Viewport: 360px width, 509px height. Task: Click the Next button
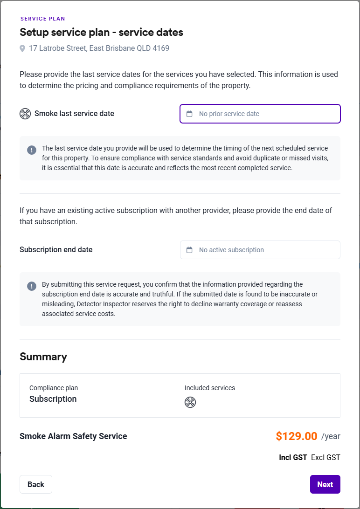tap(325, 484)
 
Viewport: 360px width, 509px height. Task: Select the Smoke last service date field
tap(260, 114)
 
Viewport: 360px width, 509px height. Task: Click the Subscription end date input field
tap(260, 250)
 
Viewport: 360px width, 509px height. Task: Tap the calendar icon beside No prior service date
tap(189, 114)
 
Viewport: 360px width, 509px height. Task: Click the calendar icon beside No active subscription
tap(189, 250)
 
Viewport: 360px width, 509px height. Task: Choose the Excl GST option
tap(325, 457)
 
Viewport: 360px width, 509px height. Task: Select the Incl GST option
tap(293, 457)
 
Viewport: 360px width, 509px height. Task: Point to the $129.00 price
tap(297, 436)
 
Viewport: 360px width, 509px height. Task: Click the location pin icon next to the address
tap(22, 48)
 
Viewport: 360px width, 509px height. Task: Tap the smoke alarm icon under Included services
tap(190, 402)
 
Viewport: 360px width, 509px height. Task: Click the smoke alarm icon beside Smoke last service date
tap(25, 114)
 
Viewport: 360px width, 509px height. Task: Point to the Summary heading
tap(43, 357)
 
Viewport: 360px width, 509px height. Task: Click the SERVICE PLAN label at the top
tap(42, 19)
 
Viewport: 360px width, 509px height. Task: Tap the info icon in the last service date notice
tap(31, 150)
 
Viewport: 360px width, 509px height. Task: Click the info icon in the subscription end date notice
tap(31, 286)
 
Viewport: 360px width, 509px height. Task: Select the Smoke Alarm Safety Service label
tap(73, 436)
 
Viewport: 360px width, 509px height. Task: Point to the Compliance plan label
tap(54, 388)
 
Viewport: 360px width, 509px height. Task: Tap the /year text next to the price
tap(331, 437)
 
